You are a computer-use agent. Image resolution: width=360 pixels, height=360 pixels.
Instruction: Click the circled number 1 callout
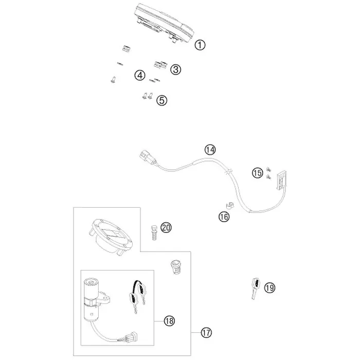point(200,45)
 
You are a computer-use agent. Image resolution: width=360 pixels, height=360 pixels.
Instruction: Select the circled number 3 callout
point(176,69)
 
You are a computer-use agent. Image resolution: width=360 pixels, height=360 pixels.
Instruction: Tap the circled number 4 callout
point(140,75)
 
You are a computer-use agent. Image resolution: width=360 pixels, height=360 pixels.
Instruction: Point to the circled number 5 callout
point(161,100)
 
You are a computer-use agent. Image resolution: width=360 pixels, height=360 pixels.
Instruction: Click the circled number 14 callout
point(210,150)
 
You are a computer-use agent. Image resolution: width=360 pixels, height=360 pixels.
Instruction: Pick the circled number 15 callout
point(257,173)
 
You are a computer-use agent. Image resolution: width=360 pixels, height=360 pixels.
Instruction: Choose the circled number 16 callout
point(224,217)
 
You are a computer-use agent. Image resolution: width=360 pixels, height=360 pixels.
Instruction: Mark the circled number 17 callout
point(206,332)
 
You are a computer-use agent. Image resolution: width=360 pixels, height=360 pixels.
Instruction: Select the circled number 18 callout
point(169,321)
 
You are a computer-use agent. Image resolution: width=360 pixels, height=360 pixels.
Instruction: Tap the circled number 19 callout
point(269,287)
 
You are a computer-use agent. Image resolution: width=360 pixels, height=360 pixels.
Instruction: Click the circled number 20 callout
point(166,227)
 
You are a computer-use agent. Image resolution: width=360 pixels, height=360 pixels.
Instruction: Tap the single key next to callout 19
point(255,289)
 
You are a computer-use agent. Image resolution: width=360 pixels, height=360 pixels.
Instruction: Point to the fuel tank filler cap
point(111,237)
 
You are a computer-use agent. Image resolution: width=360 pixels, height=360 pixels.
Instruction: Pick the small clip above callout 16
point(228,205)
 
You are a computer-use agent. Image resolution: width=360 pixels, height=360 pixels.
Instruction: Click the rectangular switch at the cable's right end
point(281,181)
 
